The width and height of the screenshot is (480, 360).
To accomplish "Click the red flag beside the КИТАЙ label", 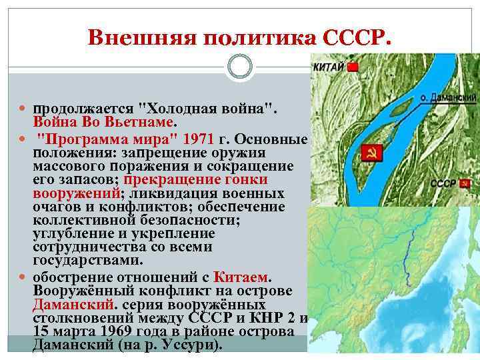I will pyautogui.click(x=353, y=67).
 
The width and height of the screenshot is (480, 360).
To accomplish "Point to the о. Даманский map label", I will pyautogui.click(x=449, y=97).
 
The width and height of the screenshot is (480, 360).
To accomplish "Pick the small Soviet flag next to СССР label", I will pyautogui.click(x=464, y=183).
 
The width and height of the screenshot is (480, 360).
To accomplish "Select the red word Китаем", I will pyautogui.click(x=242, y=275).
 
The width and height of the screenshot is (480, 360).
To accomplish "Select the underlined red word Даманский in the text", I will pyautogui.click(x=65, y=304).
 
